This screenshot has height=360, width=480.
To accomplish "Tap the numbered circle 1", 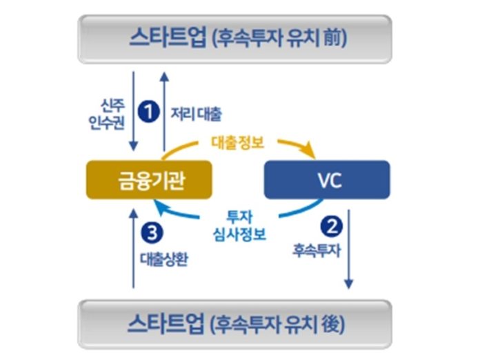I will coord(148,110).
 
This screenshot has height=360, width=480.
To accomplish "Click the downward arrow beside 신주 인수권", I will coord(133,110).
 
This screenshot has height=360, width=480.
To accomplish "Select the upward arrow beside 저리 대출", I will coord(164,110).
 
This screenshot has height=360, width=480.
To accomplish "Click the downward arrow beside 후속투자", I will coord(350,248).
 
